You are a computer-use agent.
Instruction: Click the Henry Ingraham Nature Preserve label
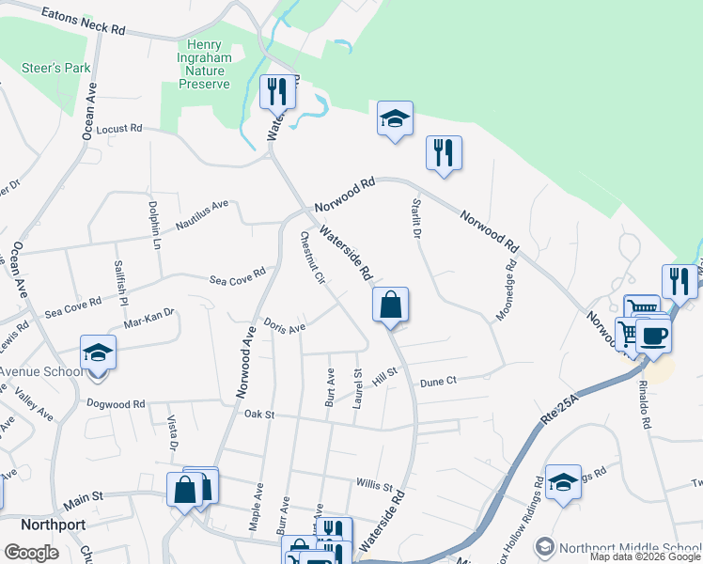pyautogui.click(x=204, y=64)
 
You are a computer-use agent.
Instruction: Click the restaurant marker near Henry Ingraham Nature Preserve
pyautogui.click(x=277, y=92)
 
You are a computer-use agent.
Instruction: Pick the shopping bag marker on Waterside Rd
pyautogui.click(x=390, y=305)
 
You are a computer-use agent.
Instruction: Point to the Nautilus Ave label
pyautogui.click(x=202, y=215)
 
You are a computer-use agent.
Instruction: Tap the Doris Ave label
pyautogui.click(x=285, y=327)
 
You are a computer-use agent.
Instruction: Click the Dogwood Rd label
pyautogui.click(x=115, y=404)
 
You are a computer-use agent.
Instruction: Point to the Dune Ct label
pyautogui.click(x=438, y=381)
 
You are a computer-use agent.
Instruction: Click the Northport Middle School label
pyautogui.click(x=628, y=548)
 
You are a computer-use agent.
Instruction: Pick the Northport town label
pyautogui.click(x=35, y=525)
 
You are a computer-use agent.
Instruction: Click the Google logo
pyautogui.click(x=31, y=552)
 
